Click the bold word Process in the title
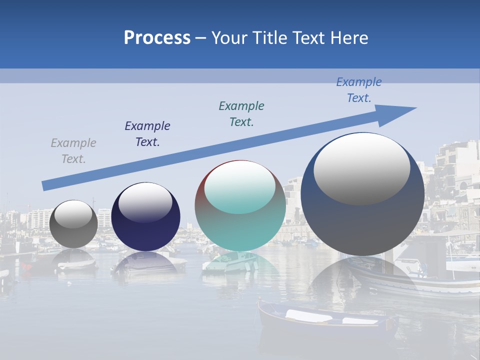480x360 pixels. click(157, 38)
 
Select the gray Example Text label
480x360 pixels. click(73, 151)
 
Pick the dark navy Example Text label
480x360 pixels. click(147, 134)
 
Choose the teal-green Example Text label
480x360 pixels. click(241, 114)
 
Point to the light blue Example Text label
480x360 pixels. click(359, 90)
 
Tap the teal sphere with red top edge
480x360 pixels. click(240, 225)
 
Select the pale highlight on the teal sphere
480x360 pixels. click(240, 187)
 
